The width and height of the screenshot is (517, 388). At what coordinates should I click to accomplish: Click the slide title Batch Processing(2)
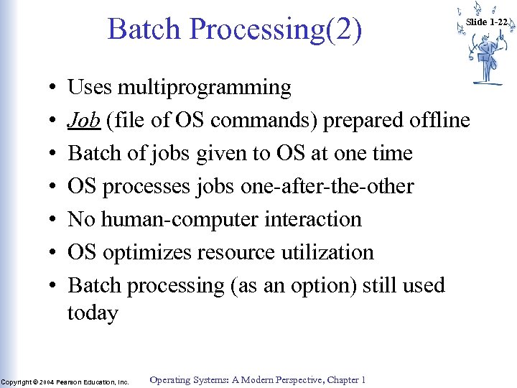[235, 29]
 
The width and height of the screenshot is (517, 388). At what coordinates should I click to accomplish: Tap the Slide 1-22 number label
[487, 22]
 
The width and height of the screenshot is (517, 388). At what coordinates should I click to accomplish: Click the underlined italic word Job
[83, 121]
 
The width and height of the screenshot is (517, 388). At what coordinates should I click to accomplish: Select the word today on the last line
[93, 313]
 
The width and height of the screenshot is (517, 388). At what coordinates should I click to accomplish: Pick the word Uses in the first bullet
[89, 88]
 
